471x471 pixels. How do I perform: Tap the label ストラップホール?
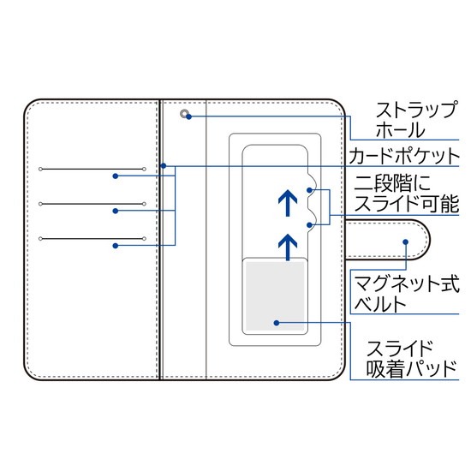point(417,120)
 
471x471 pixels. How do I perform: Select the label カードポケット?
point(404,156)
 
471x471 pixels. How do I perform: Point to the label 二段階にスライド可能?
point(407,194)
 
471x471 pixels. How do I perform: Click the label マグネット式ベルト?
point(407,294)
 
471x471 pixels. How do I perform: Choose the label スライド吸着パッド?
point(411,359)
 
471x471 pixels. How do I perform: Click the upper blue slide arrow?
point(288,203)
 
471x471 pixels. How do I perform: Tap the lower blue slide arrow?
point(288,247)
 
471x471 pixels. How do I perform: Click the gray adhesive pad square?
point(275,296)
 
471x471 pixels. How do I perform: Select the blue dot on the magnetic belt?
point(406,241)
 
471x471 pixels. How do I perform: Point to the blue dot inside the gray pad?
point(277,323)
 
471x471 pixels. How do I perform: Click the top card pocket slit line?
point(92,169)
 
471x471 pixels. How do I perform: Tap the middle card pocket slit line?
point(92,204)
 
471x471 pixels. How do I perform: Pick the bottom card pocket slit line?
point(92,239)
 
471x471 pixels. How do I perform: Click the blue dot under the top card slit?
point(116,176)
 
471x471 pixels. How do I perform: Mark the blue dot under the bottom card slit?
point(116,246)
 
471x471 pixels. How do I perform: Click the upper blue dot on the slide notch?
point(309,190)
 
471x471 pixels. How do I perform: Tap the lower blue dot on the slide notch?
point(309,225)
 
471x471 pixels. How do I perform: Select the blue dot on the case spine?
point(164,166)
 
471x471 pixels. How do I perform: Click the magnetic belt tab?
point(387,240)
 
